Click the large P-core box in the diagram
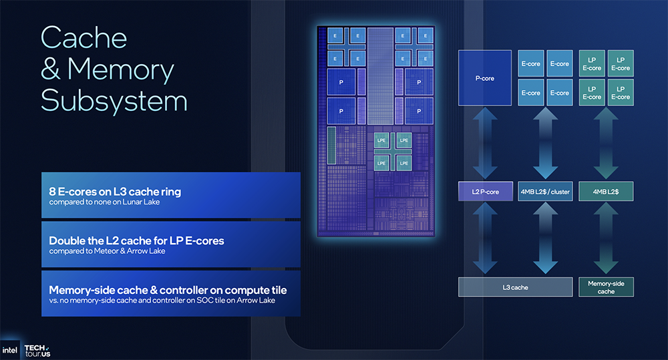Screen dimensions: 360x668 (x=485, y=77)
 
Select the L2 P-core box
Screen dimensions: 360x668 (x=485, y=192)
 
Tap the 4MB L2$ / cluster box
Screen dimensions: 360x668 (x=545, y=192)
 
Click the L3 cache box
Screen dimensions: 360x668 (x=515, y=287)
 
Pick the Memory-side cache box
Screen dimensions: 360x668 (x=606, y=287)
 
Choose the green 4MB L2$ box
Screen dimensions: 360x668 (x=606, y=192)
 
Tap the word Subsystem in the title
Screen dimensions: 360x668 (x=114, y=101)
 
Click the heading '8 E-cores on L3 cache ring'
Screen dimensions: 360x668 (x=115, y=192)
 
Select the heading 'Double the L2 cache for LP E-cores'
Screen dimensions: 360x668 (x=136, y=240)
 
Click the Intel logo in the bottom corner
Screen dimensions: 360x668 (x=10, y=350)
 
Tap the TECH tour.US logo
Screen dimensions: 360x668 (x=37, y=350)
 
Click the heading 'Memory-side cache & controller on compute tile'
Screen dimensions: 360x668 (x=168, y=290)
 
